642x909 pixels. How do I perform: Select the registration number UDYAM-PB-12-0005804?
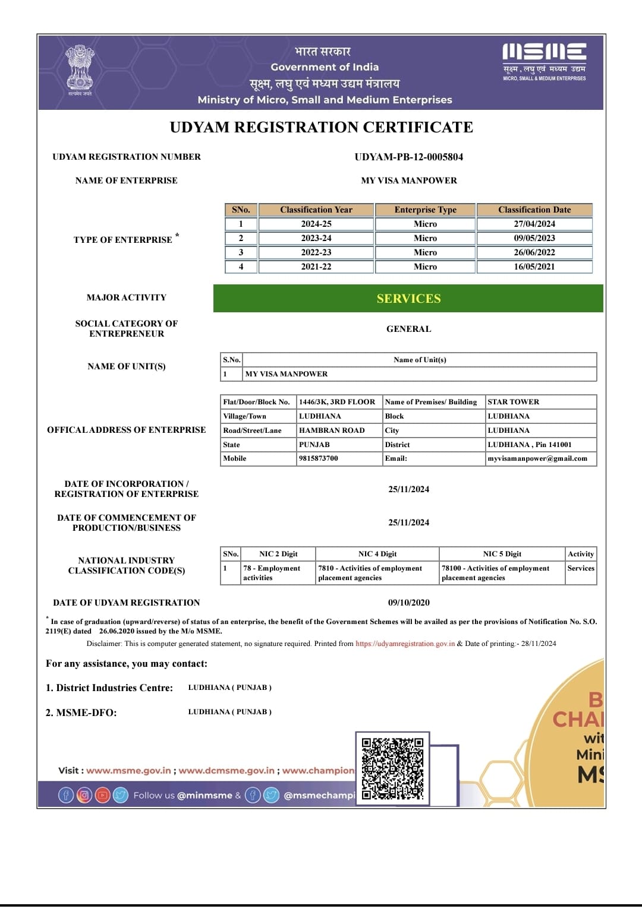pos(408,157)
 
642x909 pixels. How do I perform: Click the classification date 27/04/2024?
pos(534,224)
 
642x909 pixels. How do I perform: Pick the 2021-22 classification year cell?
pos(316,267)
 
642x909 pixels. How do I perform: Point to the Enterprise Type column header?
pos(425,210)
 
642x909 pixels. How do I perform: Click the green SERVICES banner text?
pos(408,299)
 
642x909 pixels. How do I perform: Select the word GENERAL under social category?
pos(408,329)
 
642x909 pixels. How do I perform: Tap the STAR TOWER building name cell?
pos(514,402)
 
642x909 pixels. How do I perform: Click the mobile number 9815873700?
pos(319,458)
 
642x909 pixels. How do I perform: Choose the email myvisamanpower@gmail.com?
pos(537,458)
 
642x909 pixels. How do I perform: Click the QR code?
pos(392,768)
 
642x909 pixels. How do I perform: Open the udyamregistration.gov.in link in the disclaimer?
pos(405,644)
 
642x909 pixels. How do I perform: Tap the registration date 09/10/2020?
pos(408,603)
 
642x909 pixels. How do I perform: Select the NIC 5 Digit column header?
pos(502,554)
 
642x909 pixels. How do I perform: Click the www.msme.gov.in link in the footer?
pos(128,771)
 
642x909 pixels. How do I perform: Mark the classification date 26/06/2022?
pos(534,252)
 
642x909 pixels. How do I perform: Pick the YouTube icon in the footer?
pos(103,795)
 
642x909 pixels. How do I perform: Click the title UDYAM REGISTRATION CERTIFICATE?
pos(321,128)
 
